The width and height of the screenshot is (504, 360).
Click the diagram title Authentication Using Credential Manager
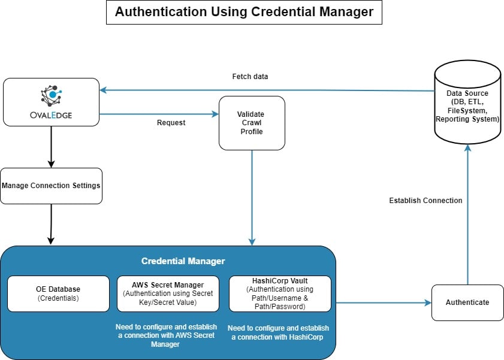(244, 12)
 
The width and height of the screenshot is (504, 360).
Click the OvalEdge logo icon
(51, 95)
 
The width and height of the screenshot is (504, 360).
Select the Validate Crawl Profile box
(252, 122)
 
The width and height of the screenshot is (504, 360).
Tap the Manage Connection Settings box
(51, 186)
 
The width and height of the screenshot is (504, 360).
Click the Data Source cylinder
(467, 107)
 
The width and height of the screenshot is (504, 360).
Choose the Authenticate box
(467, 302)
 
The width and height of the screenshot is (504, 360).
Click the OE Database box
(58, 294)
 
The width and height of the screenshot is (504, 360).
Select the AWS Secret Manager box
(168, 294)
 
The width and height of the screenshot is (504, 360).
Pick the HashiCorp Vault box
(280, 294)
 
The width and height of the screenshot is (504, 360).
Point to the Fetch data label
(250, 77)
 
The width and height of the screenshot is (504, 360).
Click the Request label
(171, 123)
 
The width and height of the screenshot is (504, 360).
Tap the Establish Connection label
(425, 201)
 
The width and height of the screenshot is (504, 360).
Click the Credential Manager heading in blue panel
(183, 261)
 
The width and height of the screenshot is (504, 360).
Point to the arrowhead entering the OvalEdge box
(103, 90)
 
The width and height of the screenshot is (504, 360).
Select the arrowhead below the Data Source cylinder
(468, 147)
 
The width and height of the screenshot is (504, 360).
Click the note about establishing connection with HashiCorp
(279, 332)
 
